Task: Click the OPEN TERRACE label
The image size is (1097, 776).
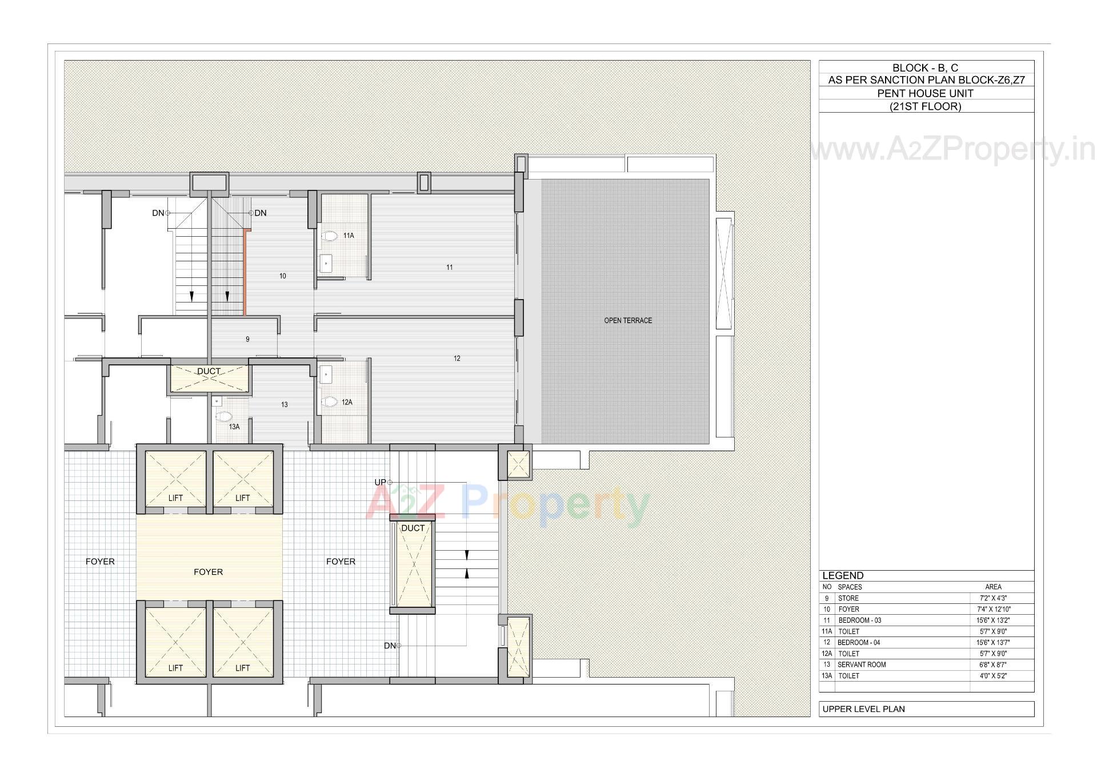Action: point(628,320)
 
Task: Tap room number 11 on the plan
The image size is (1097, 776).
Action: point(450,267)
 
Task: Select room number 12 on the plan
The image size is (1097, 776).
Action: point(457,359)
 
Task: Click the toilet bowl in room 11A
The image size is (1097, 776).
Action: point(329,236)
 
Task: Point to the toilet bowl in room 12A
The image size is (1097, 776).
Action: point(329,402)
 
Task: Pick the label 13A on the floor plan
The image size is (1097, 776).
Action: point(234,427)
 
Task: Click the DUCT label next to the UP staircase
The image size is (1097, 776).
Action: point(413,528)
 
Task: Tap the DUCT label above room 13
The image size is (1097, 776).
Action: point(209,371)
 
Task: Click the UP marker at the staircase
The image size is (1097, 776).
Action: point(380,482)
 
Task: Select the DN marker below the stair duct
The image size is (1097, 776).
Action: point(390,646)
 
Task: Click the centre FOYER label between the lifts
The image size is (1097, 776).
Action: point(208,572)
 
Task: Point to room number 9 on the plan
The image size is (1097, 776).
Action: point(247,339)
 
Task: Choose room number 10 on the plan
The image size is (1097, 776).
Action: point(283,276)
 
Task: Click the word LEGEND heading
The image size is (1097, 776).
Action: point(843,576)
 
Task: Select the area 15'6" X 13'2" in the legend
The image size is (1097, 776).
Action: point(993,620)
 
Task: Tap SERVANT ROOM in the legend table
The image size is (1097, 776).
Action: point(862,664)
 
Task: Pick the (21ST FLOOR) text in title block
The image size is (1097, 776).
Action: point(925,106)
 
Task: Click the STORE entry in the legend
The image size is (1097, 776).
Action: point(848,598)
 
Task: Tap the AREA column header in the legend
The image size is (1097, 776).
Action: point(993,587)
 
